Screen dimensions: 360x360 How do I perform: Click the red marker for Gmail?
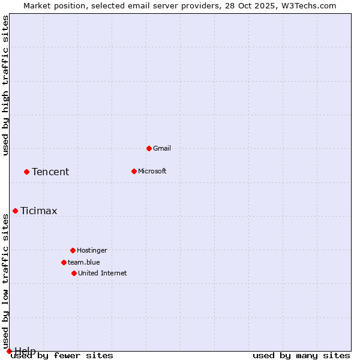pos(149,148)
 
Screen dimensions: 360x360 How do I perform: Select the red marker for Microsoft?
pos(134,171)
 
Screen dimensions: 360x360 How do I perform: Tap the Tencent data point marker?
pos(26,172)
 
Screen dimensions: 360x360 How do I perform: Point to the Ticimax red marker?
pos(15,211)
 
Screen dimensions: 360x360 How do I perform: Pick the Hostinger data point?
pos(73,250)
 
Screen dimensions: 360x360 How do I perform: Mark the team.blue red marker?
pos(64,262)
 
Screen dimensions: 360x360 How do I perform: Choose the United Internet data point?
pos(74,273)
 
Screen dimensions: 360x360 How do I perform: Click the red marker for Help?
pos(9,351)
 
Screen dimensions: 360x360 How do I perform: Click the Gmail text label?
pos(162,148)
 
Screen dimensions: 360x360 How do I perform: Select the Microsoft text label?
pos(152,171)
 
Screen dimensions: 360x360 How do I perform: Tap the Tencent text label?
pos(50,172)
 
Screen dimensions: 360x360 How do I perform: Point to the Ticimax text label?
pos(39,211)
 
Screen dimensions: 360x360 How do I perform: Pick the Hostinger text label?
pos(92,250)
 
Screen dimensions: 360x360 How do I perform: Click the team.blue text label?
pos(84,262)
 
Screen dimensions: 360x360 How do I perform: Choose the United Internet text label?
pos(103,273)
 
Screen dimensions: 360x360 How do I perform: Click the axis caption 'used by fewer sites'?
pos(62,356)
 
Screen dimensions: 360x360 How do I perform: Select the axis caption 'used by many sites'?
pos(301,356)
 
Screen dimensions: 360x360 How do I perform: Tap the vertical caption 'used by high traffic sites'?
pos(5,85)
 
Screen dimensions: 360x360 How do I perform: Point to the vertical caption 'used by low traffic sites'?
pos(5,282)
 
